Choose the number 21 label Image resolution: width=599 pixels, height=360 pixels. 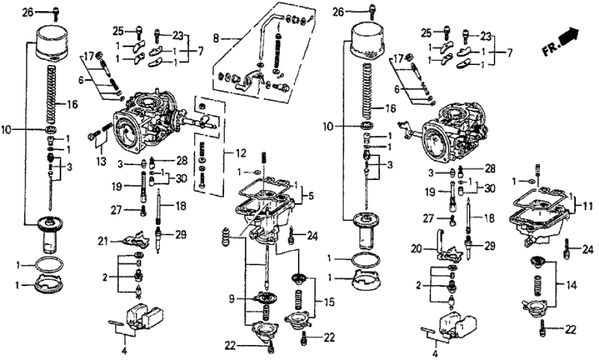coord(103,241)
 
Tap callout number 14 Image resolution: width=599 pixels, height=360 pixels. coord(572,283)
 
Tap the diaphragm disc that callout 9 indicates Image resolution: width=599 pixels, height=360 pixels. coord(267,298)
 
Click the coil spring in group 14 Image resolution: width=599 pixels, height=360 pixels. coord(538,283)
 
